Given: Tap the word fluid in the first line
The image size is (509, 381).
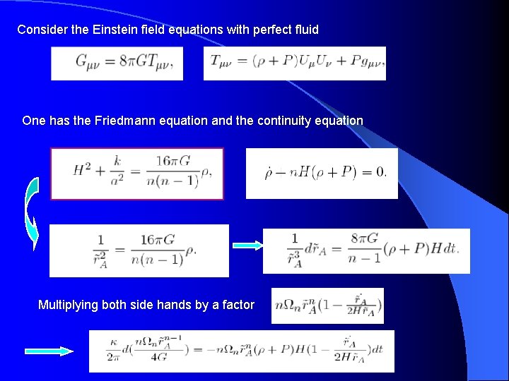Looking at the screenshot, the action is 305,30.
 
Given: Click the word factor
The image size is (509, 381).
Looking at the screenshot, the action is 237,305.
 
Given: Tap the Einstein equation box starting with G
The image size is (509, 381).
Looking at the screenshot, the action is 117,64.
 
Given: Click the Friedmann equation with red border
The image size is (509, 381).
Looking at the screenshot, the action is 137,174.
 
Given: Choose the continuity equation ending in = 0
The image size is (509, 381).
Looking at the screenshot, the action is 322,173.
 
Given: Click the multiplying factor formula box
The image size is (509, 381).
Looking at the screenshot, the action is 327,306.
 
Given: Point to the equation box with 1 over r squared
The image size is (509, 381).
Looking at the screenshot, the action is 139,250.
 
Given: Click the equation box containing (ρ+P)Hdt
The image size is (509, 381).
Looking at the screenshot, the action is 366,250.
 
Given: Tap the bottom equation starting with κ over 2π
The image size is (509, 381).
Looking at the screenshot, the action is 241,351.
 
